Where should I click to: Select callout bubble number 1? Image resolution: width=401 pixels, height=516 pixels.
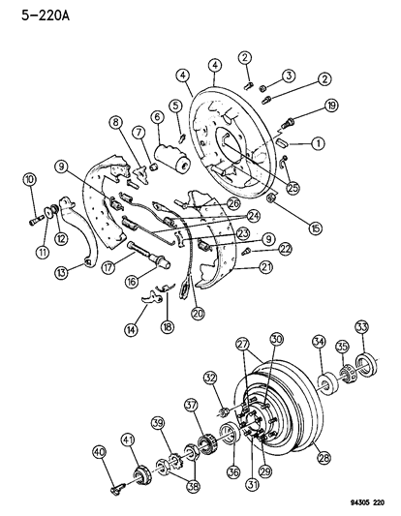(x=317, y=143)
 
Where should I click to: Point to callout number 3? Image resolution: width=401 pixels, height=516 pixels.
(x=289, y=76)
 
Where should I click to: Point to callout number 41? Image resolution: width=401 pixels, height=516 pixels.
(x=127, y=440)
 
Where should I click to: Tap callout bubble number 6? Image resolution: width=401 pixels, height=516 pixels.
(x=156, y=116)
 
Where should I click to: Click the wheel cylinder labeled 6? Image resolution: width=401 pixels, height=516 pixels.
(x=170, y=156)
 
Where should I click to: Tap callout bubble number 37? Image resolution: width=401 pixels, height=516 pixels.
(x=192, y=405)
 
